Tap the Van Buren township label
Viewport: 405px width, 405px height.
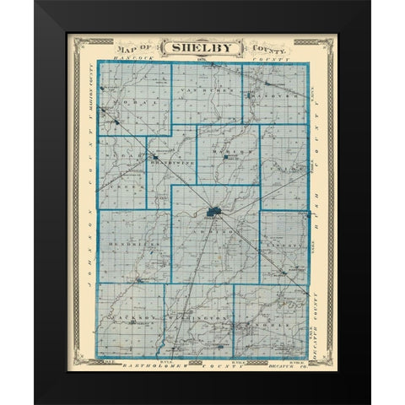tap(202, 89)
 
